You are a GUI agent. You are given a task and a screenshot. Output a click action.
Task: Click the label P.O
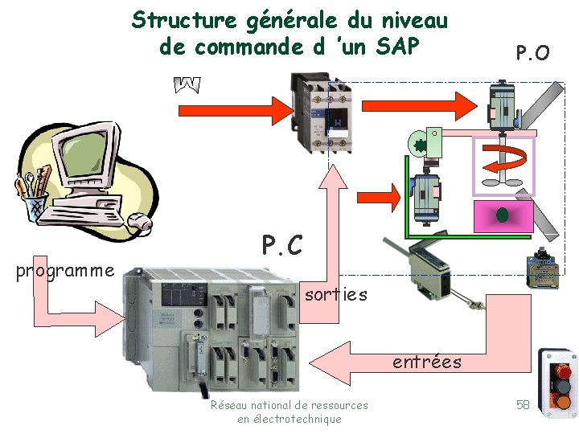click(x=532, y=54)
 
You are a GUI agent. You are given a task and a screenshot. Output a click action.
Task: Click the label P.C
click(x=282, y=245)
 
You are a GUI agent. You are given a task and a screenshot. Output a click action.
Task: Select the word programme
click(x=66, y=270)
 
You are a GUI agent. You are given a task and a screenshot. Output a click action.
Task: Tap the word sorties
click(x=336, y=295)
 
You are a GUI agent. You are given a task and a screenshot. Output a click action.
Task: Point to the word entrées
click(x=427, y=362)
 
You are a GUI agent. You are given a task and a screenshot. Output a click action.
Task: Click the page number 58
click(x=523, y=405)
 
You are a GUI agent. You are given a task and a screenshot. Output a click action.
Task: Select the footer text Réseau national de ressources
click(x=289, y=405)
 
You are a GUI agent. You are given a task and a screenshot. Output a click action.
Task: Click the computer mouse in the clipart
click(x=141, y=223)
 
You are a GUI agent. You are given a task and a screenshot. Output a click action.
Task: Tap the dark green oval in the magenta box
click(x=502, y=215)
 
